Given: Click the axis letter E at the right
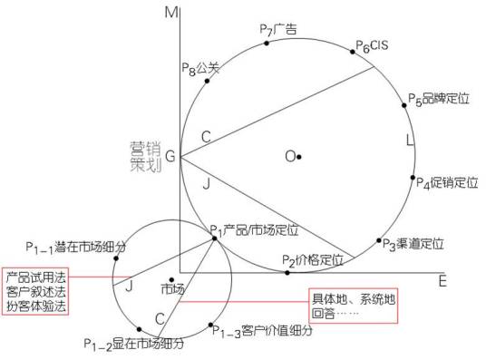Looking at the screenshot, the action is pyautogui.click(x=442, y=281).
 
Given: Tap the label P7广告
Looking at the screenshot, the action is pyautogui.click(x=278, y=30).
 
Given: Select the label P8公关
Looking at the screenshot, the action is pyautogui.click(x=200, y=67).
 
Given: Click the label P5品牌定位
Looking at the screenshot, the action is pyautogui.click(x=439, y=98).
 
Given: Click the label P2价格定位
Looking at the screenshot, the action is pyautogui.click(x=313, y=260).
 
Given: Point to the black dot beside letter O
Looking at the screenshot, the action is pyautogui.click(x=298, y=156).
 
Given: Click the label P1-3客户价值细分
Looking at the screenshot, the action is pyautogui.click(x=262, y=332).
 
